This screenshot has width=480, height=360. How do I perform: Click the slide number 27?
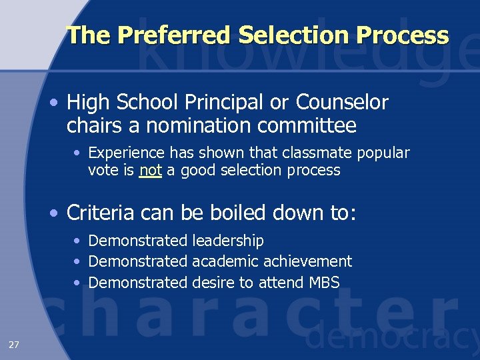click(x=14, y=344)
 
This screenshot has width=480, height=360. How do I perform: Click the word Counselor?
click(x=342, y=103)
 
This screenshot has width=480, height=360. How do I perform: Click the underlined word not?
click(x=151, y=171)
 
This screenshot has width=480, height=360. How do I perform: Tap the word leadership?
click(x=228, y=241)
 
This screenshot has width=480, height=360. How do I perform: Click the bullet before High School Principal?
click(x=54, y=104)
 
